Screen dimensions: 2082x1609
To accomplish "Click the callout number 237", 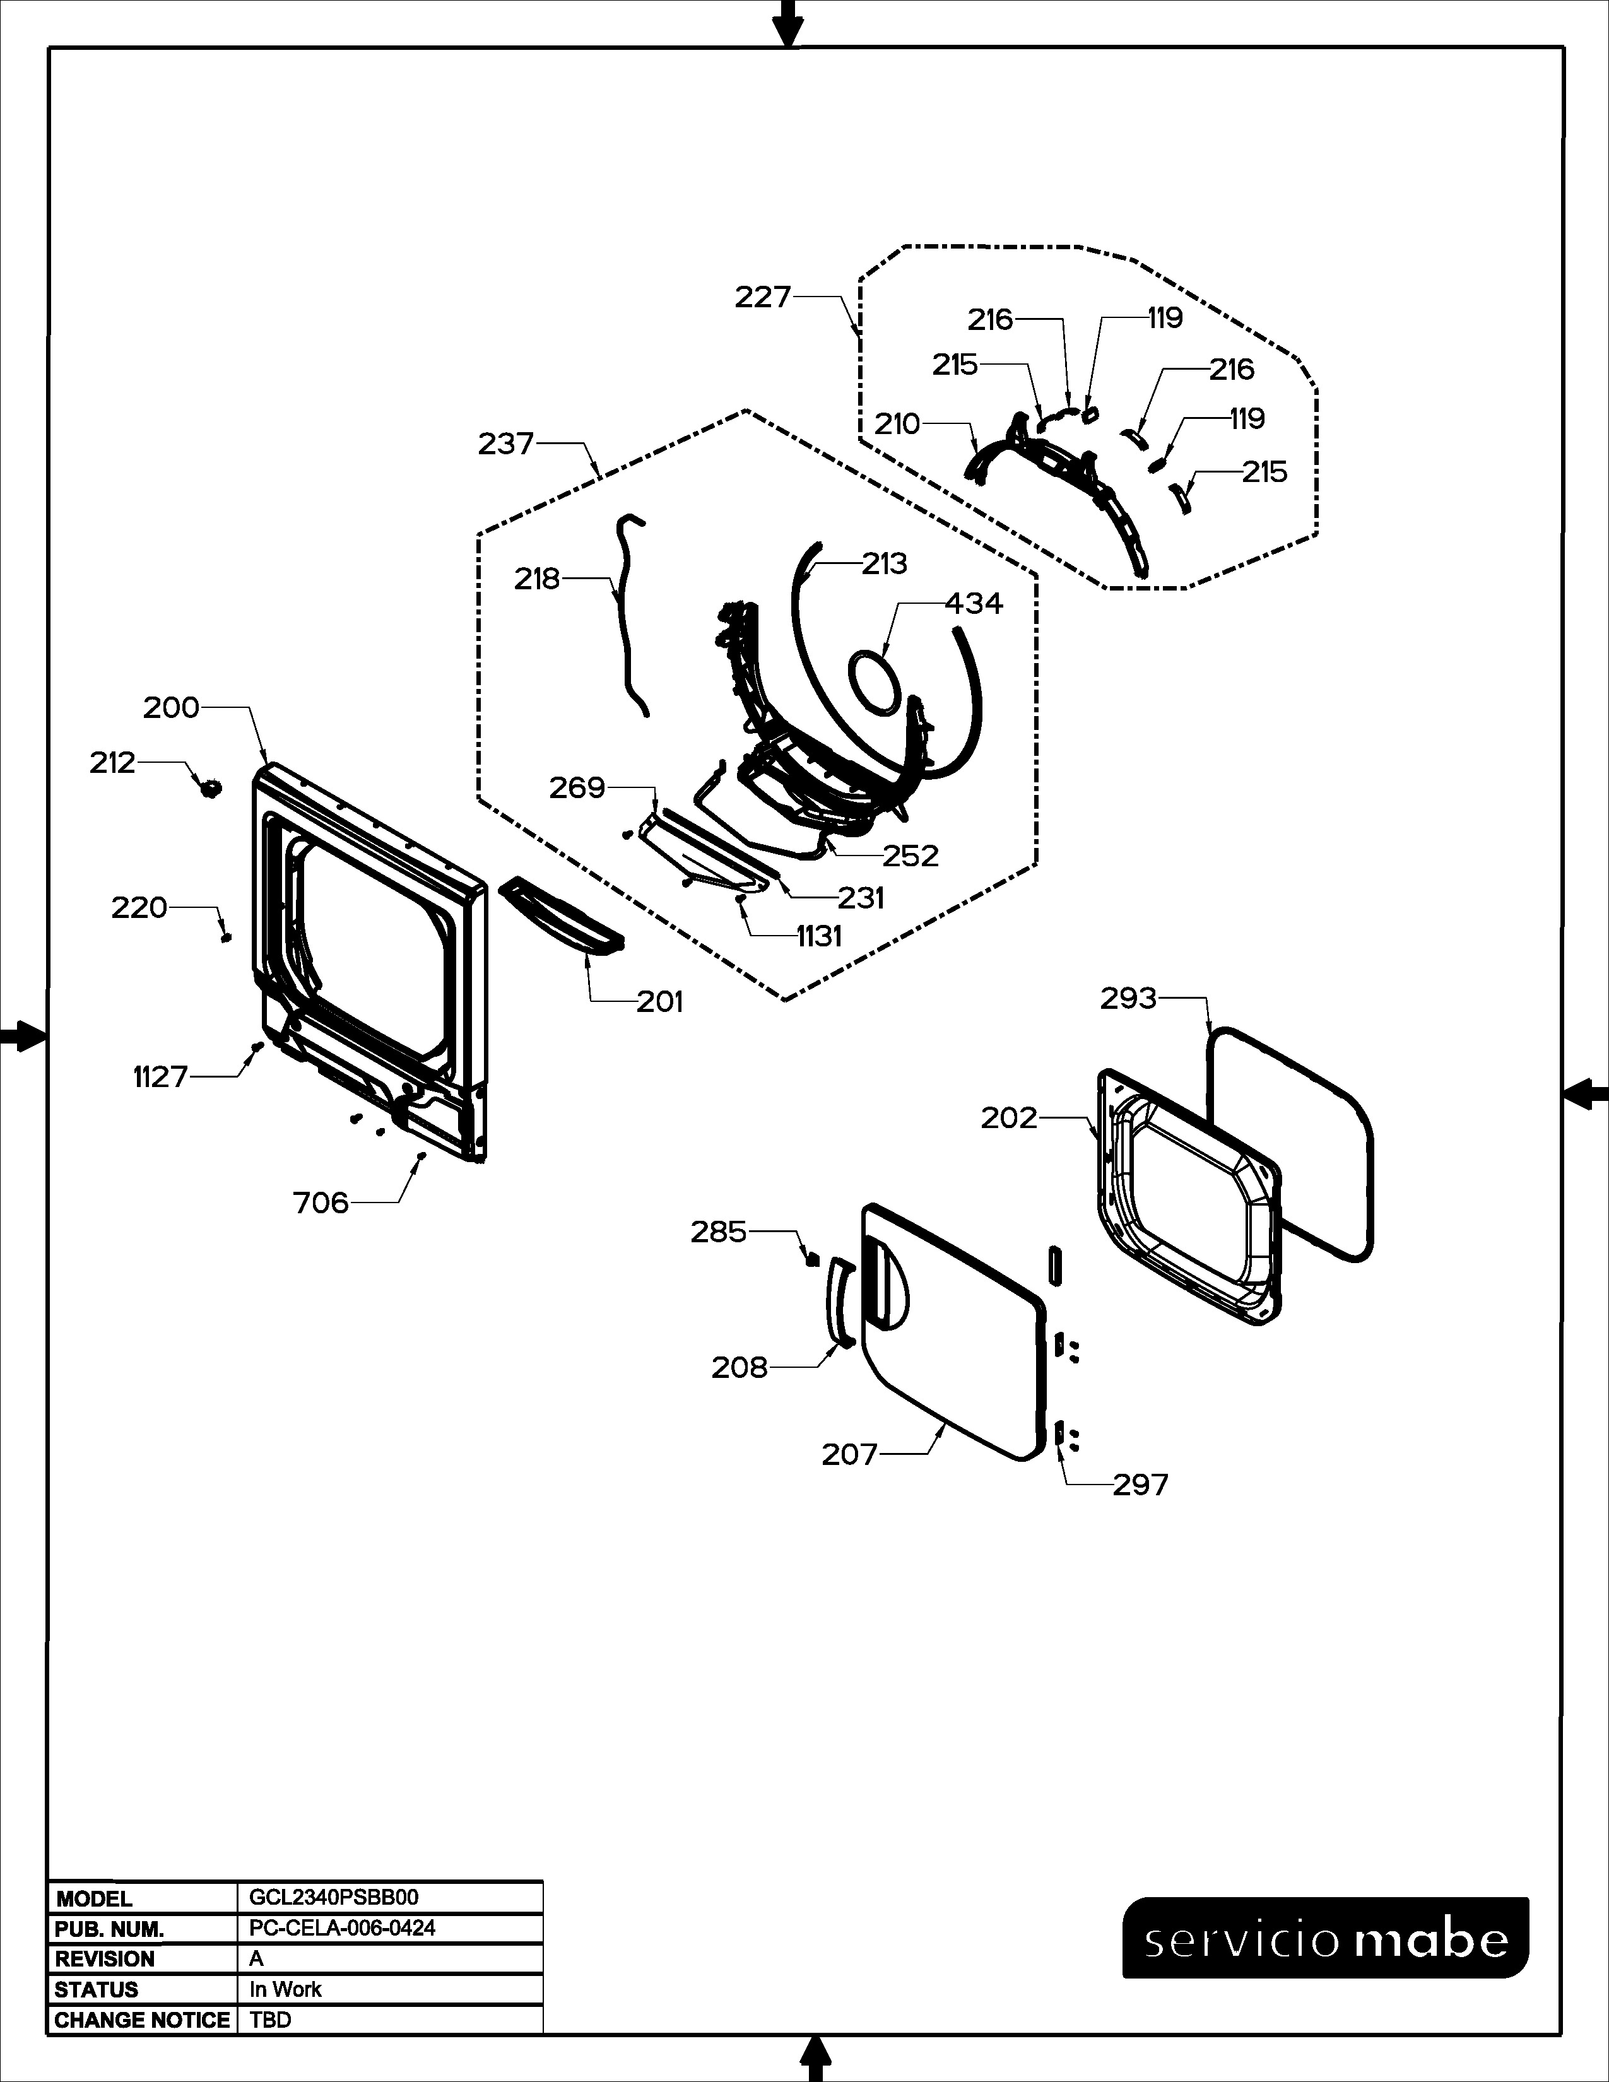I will coord(505,444).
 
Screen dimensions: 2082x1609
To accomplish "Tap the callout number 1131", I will coord(819,937).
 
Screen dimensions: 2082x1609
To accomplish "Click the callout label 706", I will coord(321,1203).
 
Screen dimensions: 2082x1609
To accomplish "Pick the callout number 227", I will coord(763,297).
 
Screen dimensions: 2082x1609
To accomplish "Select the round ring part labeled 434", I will coord(874,683).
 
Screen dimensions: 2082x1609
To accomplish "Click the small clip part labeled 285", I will coord(812,1259).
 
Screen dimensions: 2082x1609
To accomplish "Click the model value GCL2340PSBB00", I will coord(334,1897).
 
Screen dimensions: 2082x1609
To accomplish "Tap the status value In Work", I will coord(285,1989).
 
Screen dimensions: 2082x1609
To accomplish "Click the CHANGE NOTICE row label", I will coord(142,2020).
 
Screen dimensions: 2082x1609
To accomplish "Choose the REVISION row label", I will coord(105,1959).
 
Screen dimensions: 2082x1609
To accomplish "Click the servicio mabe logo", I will coord(1325,1939).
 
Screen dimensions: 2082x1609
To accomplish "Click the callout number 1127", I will coord(160,1077).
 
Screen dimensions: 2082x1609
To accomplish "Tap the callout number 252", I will coord(911,856).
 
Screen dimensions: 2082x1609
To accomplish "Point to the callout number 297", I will coord(1140,1485).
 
